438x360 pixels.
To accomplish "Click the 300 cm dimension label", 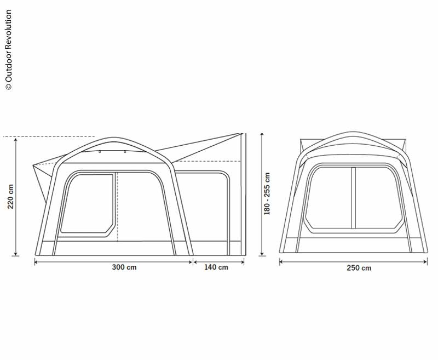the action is coord(124,267).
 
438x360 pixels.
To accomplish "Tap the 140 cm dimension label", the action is coord(216,267).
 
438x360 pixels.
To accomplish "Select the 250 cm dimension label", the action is coord(359,268).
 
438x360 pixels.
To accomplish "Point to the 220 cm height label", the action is coord(10,196).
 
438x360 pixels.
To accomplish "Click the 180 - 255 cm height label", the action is coord(267,193).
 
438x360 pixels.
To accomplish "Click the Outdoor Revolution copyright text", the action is coord(8,50).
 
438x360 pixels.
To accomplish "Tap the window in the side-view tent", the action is coord(88,203).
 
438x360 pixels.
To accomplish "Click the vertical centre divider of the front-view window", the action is coord(353,198).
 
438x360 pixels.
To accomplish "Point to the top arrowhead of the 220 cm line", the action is coord(16,140).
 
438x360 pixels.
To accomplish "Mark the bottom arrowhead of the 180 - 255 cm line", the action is coord(262,253).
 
